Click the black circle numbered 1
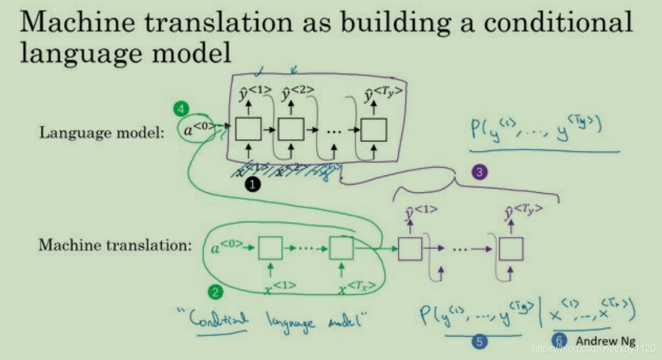253,185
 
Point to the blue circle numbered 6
561,340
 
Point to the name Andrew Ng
605,340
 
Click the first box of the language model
249,129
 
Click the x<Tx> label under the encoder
357,289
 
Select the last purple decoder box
511,248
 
